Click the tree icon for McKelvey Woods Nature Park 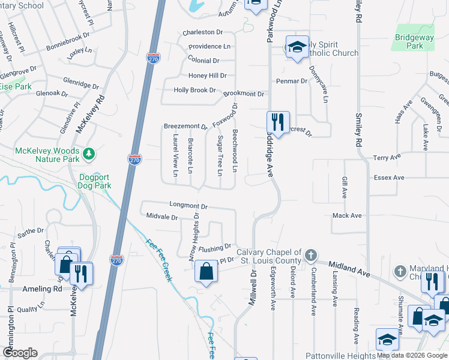point(89,154)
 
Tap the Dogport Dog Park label point(95,181)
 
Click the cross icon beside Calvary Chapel point(310,256)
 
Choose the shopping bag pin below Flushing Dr point(206,271)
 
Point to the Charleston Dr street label point(202,32)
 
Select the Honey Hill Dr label point(207,76)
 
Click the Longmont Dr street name point(188,205)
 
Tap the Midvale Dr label point(161,217)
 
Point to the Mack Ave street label point(347,215)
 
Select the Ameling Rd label point(42,289)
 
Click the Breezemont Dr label point(185,127)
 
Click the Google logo point(20,353)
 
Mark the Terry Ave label point(387,157)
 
